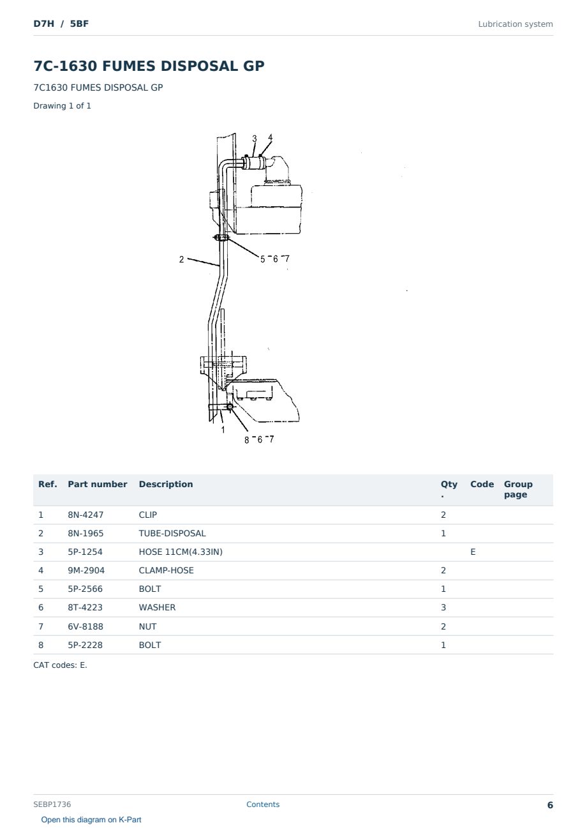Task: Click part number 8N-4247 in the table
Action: (x=85, y=515)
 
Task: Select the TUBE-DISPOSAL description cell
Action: (x=172, y=533)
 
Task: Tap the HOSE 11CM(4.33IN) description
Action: (x=181, y=552)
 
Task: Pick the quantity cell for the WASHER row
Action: (x=443, y=607)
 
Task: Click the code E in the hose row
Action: (x=473, y=552)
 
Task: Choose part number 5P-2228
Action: (x=85, y=645)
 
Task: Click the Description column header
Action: (x=166, y=484)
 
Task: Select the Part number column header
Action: (x=98, y=484)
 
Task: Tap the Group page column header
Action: (x=518, y=489)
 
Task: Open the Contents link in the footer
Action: (x=263, y=804)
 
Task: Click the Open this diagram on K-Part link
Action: (x=91, y=819)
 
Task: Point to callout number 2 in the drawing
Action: (x=181, y=259)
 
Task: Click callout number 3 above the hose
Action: (x=255, y=139)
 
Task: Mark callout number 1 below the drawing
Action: (x=223, y=430)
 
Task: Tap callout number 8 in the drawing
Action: (x=247, y=440)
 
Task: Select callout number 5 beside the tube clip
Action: (x=263, y=259)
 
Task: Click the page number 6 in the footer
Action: (x=550, y=805)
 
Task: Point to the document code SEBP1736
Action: (x=52, y=804)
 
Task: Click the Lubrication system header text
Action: (x=516, y=24)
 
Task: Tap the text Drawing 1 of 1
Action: (x=63, y=106)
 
